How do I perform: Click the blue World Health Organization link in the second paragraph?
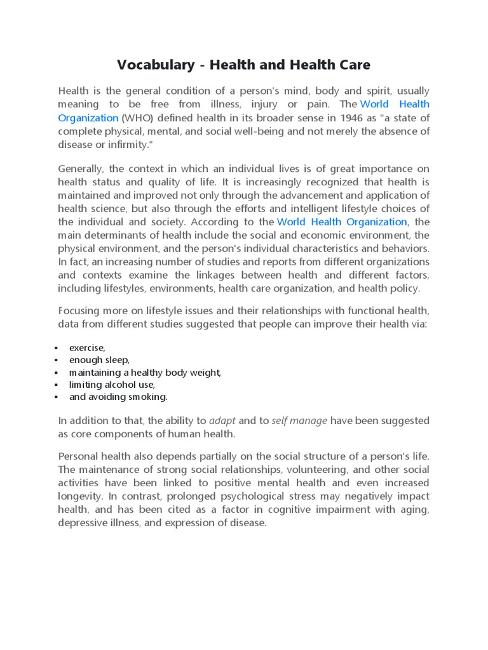[x=342, y=222]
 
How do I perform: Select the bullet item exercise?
[x=87, y=348]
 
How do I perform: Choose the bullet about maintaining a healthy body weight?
[x=145, y=372]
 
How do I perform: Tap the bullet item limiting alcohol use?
[x=112, y=385]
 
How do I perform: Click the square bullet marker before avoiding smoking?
[x=57, y=397]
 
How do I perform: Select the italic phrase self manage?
[x=299, y=420]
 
